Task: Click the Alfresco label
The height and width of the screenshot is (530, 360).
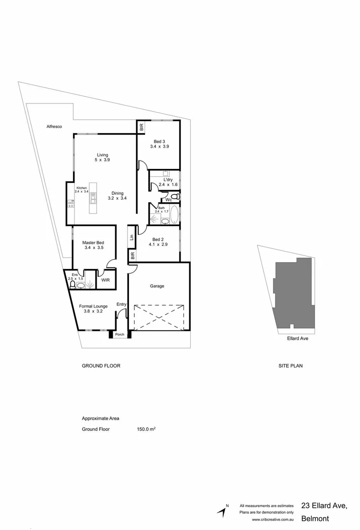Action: click(53, 127)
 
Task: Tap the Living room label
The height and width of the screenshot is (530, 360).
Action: click(102, 155)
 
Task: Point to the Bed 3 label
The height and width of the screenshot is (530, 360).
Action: click(159, 142)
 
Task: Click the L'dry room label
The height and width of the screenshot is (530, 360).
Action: click(168, 180)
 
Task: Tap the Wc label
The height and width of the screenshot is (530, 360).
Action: click(168, 200)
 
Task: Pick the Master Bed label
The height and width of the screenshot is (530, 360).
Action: click(93, 243)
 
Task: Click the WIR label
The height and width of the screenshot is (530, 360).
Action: click(105, 280)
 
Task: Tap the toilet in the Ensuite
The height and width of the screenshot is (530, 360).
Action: click(73, 285)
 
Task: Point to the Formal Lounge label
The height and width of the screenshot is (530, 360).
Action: click(93, 306)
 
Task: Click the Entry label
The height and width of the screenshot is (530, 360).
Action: click(121, 304)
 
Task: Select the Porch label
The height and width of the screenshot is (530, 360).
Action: click(120, 335)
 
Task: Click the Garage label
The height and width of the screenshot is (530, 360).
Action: click(157, 286)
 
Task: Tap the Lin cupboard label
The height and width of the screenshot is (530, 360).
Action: click(131, 237)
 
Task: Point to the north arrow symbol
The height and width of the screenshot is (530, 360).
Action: click(223, 511)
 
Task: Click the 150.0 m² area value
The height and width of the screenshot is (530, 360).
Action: click(146, 429)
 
